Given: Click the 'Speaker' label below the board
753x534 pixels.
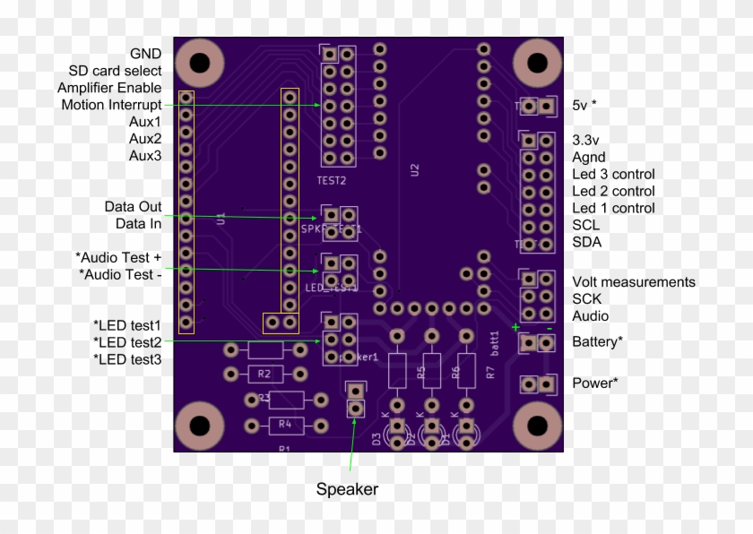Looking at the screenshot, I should point(347,489).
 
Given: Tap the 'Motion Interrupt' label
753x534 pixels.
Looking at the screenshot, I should point(111,105).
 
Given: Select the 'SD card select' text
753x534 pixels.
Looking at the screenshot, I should point(115,71).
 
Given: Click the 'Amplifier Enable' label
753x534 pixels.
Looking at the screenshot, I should point(109,88).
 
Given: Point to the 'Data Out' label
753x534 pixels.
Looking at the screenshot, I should point(133,206).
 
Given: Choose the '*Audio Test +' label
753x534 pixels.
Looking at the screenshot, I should point(118,257).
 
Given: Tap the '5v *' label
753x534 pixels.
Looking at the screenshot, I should point(584,105).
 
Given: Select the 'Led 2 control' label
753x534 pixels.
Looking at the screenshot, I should point(613,191).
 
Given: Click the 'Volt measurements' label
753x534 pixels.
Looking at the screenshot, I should point(633,282).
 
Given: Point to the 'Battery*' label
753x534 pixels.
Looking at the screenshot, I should point(597,341).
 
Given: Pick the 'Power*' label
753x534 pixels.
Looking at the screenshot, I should point(594,383).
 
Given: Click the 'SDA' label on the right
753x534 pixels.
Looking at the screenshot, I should point(586,242).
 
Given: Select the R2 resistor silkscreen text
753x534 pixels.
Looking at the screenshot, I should point(263,373).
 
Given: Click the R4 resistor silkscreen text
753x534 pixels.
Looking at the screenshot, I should point(284,424).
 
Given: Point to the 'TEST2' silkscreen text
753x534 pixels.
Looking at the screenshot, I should point(332,180).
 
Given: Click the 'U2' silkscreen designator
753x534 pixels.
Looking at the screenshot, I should point(414,168).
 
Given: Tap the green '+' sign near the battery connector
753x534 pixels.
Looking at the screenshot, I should point(515,327).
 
